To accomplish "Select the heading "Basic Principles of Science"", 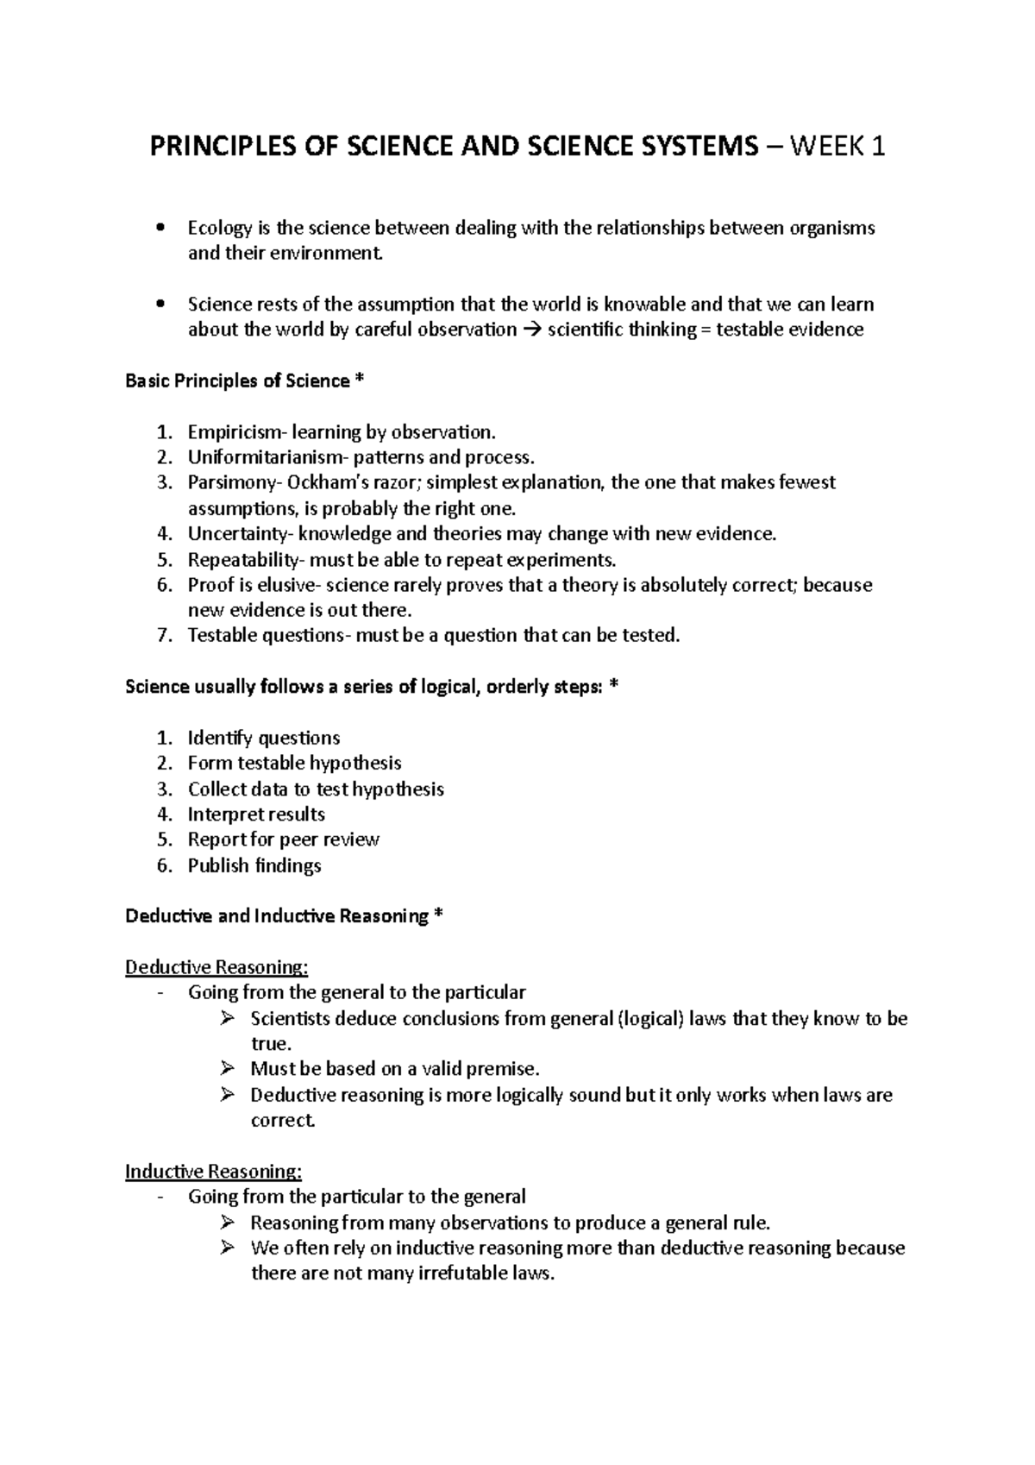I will (x=237, y=380).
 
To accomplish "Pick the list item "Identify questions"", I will (x=264, y=738).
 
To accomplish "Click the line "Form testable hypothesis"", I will (x=294, y=764).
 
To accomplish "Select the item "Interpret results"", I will (x=256, y=814).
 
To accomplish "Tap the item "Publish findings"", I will (x=254, y=865).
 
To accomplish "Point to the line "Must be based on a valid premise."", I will (x=394, y=1069).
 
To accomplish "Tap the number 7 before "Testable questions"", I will (x=164, y=636).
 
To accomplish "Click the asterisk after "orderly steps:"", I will (x=613, y=686).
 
